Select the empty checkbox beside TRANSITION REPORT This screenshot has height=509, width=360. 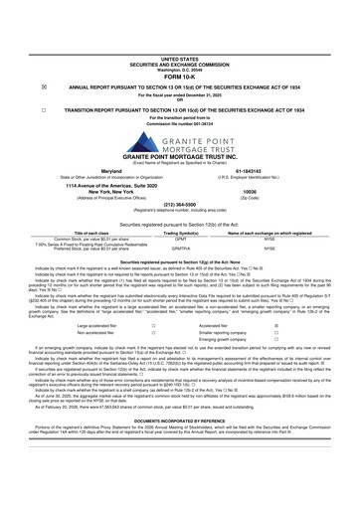click(15, 60)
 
